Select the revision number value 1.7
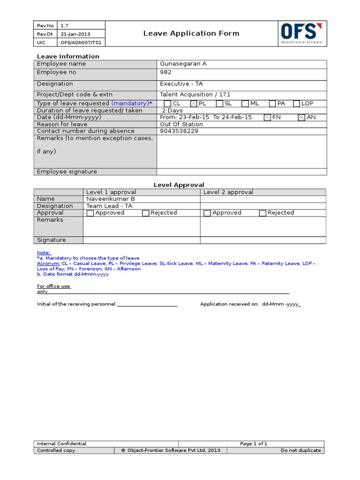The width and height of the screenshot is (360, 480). [65, 25]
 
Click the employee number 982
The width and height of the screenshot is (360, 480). [166, 72]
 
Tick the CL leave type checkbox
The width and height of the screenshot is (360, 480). [167, 104]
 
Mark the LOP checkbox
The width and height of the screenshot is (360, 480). [296, 104]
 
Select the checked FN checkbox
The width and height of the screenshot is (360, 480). [267, 118]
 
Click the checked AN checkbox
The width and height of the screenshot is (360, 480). [301, 118]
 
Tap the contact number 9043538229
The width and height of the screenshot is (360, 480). [179, 131]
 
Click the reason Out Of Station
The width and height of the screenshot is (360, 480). [181, 124]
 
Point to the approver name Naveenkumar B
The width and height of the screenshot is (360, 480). [111, 199]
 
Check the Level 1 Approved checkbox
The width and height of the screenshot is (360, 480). [90, 213]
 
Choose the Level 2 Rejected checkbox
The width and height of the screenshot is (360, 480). [262, 213]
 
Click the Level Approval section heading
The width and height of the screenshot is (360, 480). [179, 185]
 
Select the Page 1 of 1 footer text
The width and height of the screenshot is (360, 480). [254, 443]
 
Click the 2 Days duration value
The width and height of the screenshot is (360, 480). [172, 111]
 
